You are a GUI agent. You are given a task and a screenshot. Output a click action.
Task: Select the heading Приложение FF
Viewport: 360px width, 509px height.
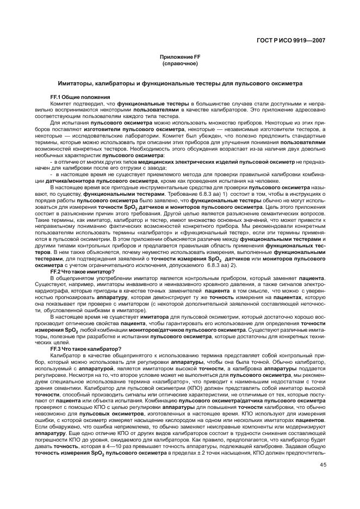(179, 57)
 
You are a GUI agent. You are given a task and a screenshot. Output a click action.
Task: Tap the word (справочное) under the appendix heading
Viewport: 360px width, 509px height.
(179, 64)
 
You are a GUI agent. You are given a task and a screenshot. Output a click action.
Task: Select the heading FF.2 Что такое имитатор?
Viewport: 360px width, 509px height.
(82, 271)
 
